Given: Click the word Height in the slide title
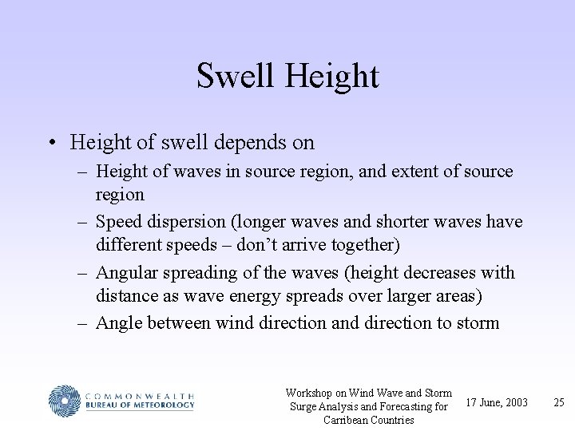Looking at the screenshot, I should tap(331, 77).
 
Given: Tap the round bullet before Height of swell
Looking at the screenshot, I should tap(52, 143).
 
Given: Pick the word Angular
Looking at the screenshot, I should tap(127, 272).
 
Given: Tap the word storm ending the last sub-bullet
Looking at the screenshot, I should tap(477, 323).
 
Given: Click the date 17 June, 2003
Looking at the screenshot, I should tap(497, 402).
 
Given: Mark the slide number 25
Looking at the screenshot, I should tap(559, 402).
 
